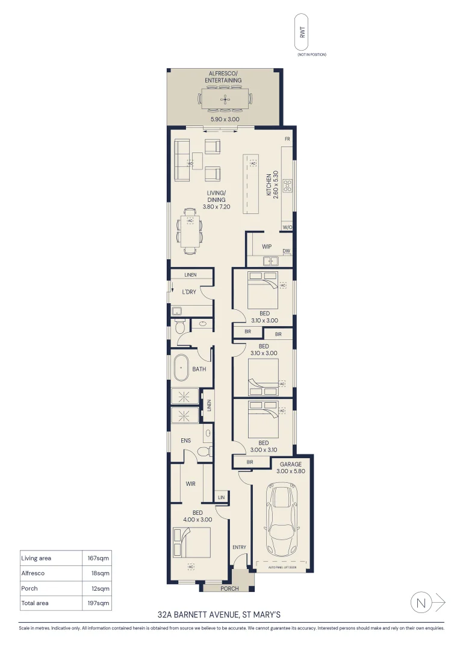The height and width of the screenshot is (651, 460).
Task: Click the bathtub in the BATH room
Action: (181, 368)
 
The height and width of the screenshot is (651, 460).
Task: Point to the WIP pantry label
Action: (267, 247)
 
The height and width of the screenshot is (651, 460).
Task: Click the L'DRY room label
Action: (190, 292)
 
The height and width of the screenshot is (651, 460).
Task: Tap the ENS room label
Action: (186, 441)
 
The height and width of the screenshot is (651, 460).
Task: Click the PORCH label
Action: (229, 589)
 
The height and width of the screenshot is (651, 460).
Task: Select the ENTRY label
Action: (239, 547)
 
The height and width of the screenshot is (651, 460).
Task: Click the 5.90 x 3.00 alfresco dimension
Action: (225, 119)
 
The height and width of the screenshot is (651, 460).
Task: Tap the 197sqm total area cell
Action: (98, 603)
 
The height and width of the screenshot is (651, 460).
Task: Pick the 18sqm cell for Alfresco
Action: (99, 573)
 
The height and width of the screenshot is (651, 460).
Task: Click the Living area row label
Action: (36, 558)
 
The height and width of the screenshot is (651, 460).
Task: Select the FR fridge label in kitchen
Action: (287, 140)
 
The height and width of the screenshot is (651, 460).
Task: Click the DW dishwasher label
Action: (286, 251)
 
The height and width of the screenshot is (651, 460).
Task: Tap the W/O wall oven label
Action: (287, 227)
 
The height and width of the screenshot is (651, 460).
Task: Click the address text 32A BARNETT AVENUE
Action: (219, 615)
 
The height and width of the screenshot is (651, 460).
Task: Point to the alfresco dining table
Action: (225, 99)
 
